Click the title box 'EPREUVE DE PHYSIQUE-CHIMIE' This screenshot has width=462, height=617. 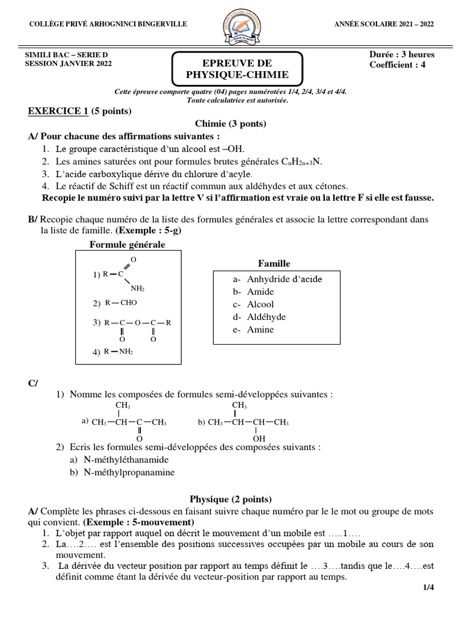tap(237, 69)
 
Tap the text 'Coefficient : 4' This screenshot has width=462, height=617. tap(397, 65)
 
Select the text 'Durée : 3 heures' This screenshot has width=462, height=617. tap(402, 54)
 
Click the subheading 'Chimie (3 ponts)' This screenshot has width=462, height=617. tap(230, 124)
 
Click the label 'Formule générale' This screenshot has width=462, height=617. tap(127, 245)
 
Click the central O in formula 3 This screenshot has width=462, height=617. tap(137, 323)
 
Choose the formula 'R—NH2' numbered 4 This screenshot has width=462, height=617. tap(119, 352)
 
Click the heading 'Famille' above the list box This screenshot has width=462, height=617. tap(274, 263)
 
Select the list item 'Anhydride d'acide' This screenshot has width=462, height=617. tap(285, 279)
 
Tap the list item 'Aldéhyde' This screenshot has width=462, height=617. tap(266, 317)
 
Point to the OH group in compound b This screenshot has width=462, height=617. tap(258, 439)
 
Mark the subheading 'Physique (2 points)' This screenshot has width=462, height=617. tap(230, 499)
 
